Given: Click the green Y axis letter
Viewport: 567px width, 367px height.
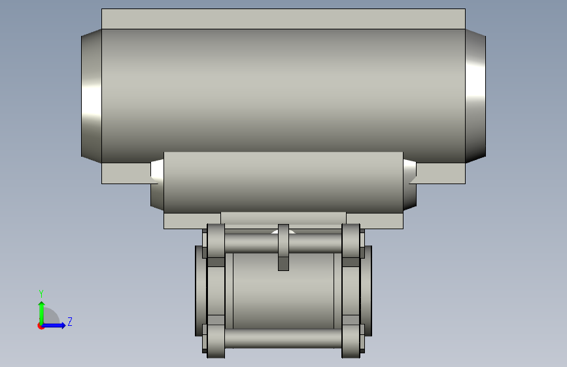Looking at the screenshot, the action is point(41,293).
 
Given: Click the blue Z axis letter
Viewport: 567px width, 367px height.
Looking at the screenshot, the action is point(70,321).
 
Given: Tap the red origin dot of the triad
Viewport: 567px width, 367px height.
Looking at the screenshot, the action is point(41,326).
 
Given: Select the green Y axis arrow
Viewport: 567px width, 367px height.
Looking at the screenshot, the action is point(42,313).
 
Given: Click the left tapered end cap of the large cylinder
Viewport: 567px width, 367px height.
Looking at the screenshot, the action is point(92,96).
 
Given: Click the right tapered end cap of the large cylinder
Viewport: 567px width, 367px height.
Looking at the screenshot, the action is point(475,96).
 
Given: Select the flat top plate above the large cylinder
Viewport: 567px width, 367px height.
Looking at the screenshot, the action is point(284,19).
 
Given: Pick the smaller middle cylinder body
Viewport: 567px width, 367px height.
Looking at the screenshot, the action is point(284,182).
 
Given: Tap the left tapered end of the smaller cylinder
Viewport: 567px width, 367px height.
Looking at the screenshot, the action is point(158,184).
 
